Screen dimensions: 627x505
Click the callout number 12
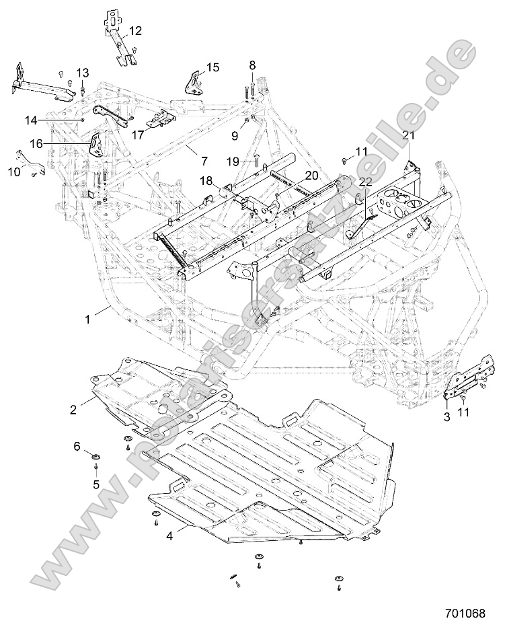(x=135, y=30)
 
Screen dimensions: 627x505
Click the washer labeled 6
(x=97, y=457)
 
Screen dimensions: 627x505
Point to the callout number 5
(x=95, y=483)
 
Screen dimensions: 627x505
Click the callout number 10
(x=14, y=172)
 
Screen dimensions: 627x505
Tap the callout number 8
(x=253, y=65)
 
